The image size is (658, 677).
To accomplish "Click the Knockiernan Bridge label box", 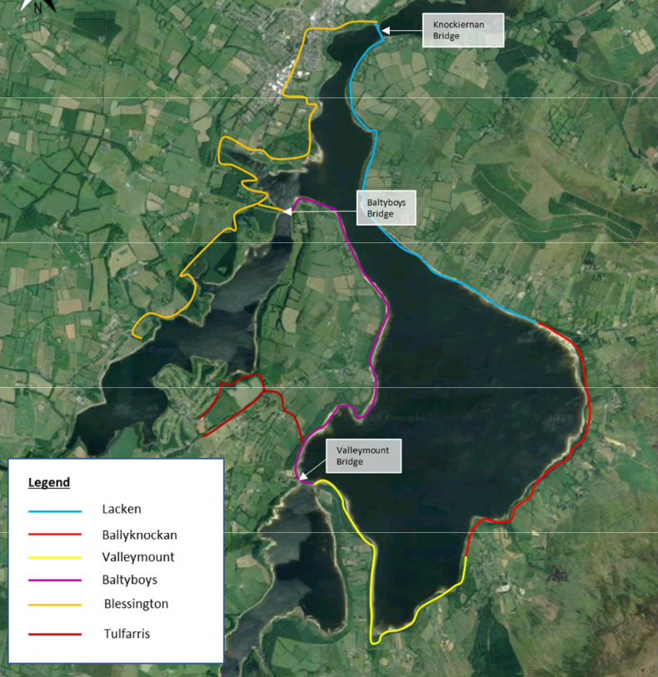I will click(x=464, y=31).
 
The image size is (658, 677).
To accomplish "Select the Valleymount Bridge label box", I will click(x=363, y=455).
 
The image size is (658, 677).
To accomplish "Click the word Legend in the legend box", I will click(x=49, y=482).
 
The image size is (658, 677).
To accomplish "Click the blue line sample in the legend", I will click(x=54, y=510).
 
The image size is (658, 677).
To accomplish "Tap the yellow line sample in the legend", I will click(x=54, y=557).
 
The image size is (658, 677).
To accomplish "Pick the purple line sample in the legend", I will click(x=54, y=580).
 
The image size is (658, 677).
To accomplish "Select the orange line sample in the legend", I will click(x=54, y=604).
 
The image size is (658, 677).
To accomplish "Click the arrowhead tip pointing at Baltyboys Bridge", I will click(x=284, y=212).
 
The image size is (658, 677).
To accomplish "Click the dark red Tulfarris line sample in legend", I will click(x=54, y=634).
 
